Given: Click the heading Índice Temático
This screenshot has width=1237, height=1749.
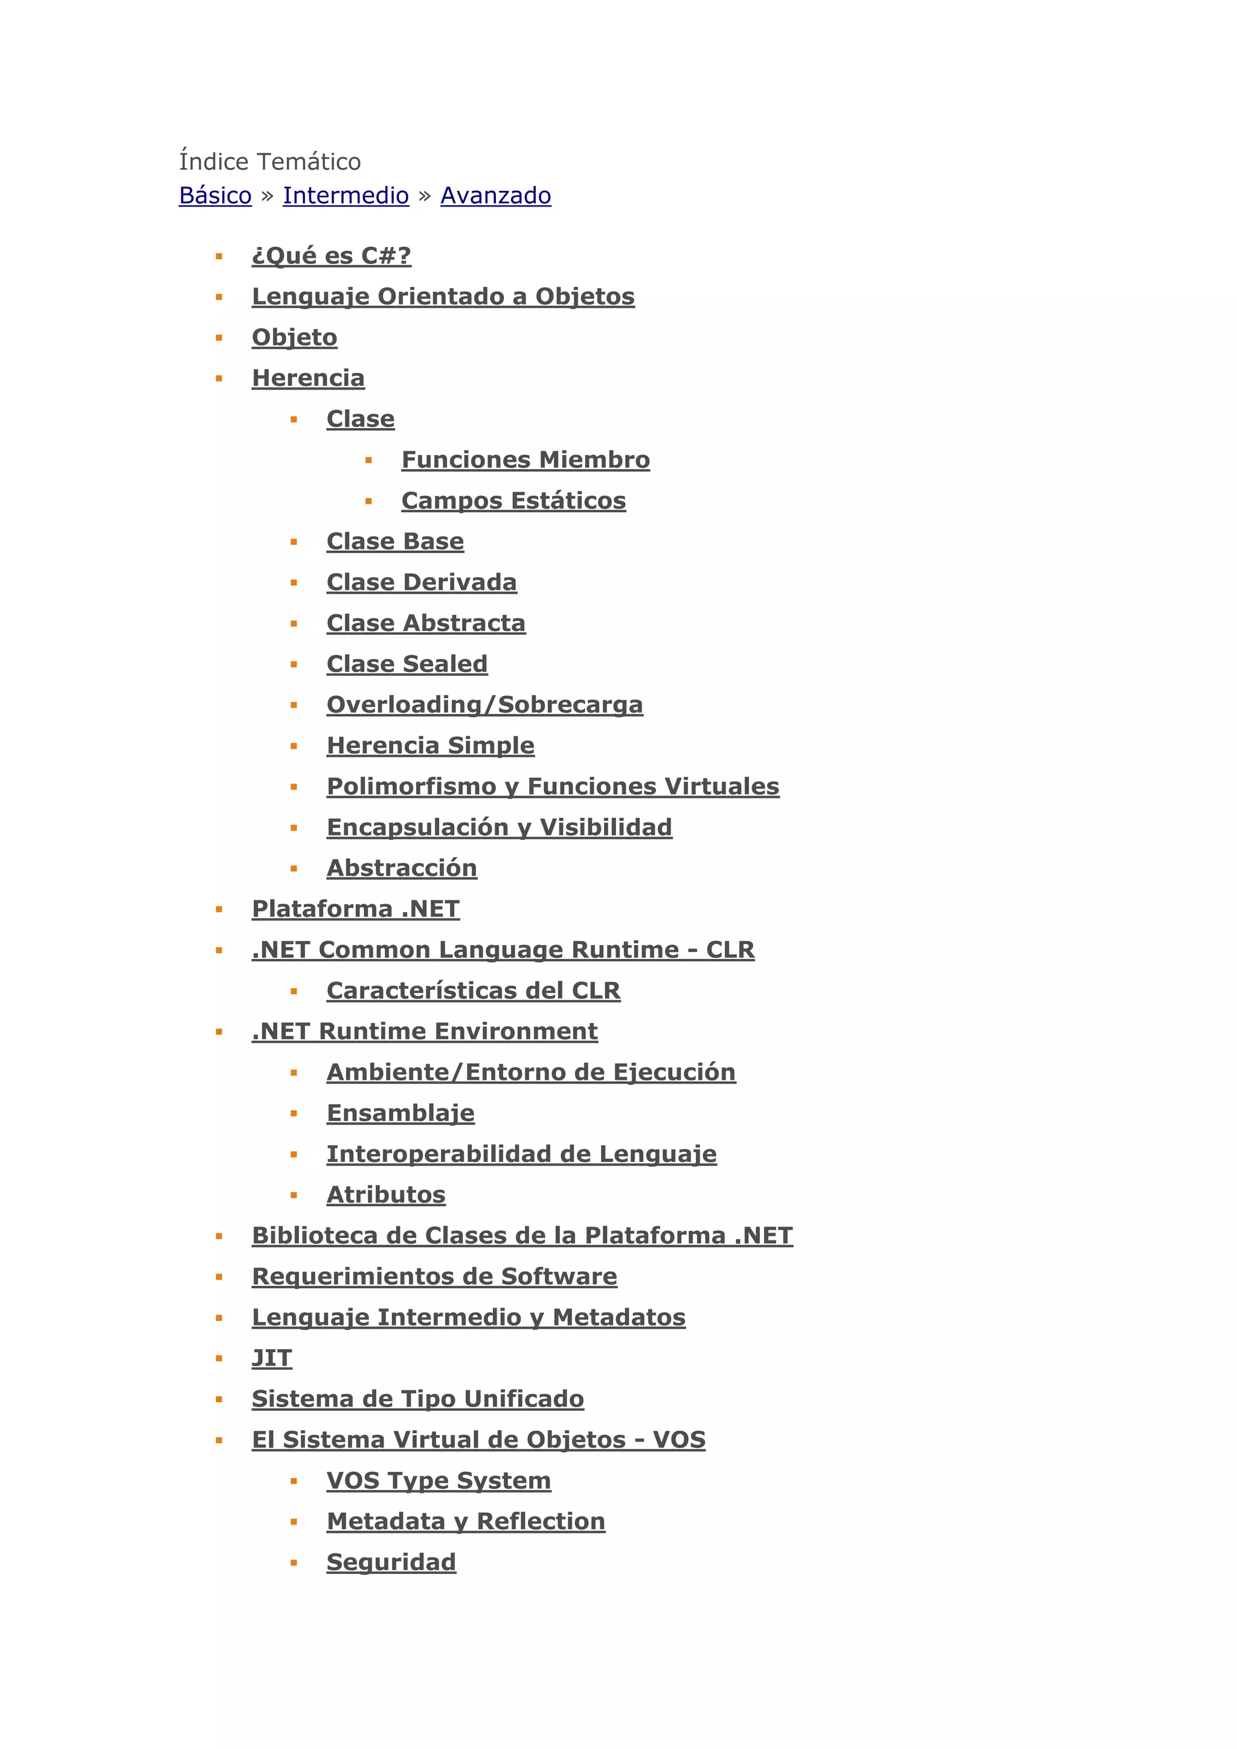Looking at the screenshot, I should point(269,161).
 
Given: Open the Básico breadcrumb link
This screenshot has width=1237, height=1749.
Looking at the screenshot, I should point(215,196).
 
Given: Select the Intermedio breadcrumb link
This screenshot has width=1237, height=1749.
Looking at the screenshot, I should point(346,196).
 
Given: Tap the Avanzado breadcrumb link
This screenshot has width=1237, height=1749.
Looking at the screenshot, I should point(495,196).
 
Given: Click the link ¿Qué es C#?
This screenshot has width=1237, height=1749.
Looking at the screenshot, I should point(332,256).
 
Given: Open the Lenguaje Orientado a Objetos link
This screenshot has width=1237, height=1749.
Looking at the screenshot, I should point(443,297).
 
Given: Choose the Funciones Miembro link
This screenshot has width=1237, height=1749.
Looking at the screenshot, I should point(525,460).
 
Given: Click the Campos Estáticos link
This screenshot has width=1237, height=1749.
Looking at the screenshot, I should point(513,501).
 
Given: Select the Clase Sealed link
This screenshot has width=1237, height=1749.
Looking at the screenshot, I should point(406,664).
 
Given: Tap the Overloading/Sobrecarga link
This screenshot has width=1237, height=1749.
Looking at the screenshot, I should point(484,705).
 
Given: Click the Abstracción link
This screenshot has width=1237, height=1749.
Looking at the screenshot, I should point(402,868).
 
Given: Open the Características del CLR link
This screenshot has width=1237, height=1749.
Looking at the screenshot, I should point(473,990).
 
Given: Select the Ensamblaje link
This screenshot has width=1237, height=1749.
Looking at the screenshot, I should point(400,1113).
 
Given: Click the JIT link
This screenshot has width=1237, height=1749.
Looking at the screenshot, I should point(272,1358).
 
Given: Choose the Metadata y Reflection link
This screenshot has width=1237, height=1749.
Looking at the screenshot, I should point(466,1521).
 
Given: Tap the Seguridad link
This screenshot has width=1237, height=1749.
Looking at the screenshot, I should point(391,1562).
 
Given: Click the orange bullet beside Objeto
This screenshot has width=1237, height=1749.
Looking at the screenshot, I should point(219,338).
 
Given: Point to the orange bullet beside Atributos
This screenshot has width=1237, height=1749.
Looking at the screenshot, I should point(294,1196).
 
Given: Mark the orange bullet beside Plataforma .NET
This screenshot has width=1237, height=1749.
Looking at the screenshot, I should point(219,910).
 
